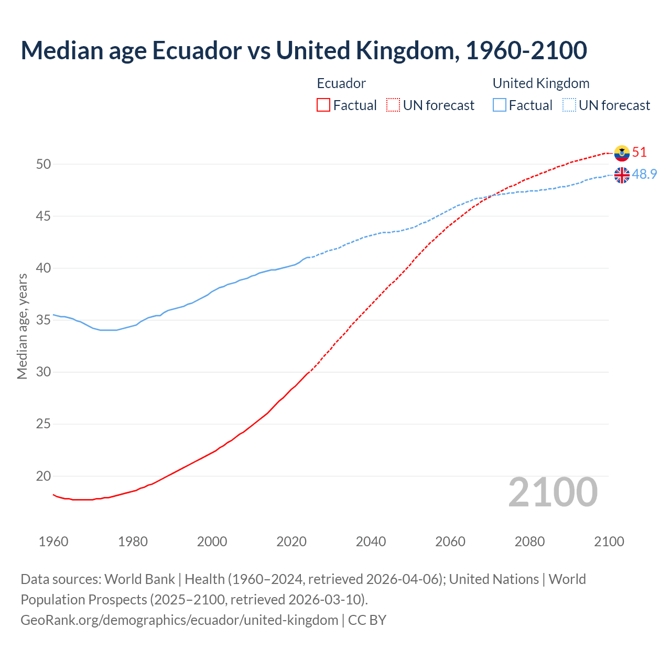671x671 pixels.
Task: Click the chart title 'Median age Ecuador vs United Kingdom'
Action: (x=304, y=50)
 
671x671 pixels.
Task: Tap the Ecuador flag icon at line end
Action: (x=622, y=153)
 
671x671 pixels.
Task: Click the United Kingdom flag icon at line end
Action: (x=622, y=175)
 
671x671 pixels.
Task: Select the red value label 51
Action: (x=640, y=153)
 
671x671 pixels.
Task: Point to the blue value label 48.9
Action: (x=644, y=175)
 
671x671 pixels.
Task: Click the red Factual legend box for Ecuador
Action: (x=323, y=105)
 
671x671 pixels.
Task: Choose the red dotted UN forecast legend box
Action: (x=393, y=105)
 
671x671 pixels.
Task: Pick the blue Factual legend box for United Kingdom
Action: (x=500, y=105)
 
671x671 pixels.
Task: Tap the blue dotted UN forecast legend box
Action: (x=569, y=105)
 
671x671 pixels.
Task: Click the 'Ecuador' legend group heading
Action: (x=341, y=83)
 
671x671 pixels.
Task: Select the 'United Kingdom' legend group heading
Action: (x=541, y=83)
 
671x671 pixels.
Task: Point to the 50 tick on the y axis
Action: (x=44, y=164)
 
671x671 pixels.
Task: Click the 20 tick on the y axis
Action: (x=44, y=476)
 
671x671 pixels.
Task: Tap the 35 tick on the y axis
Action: (x=44, y=320)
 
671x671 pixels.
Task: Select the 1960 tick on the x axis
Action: (x=53, y=542)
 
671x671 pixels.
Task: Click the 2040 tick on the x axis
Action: (x=371, y=542)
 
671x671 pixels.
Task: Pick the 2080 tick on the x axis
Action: (x=529, y=542)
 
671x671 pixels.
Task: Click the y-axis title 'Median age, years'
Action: (x=22, y=326)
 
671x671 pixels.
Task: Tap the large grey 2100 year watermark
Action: (x=553, y=492)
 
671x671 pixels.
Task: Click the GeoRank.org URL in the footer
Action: (x=179, y=620)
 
